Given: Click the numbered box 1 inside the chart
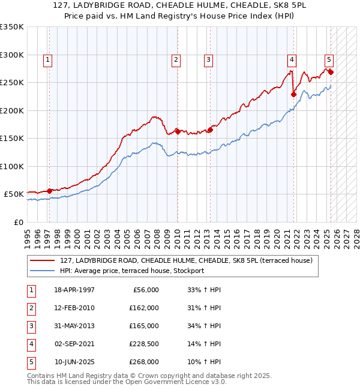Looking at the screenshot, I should pyautogui.click(x=47, y=59).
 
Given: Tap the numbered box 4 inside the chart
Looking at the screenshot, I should pyautogui.click(x=291, y=59).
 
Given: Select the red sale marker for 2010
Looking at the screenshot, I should pyautogui.click(x=178, y=131).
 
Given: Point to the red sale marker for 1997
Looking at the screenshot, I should pyautogui.click(x=50, y=191).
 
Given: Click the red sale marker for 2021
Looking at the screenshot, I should pyautogui.click(x=294, y=94).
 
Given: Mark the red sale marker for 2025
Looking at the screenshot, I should pyautogui.click(x=331, y=72).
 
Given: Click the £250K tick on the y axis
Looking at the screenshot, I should pyautogui.click(x=12, y=82).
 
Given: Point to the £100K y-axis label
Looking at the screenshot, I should pyautogui.click(x=12, y=166).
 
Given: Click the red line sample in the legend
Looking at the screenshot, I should pyautogui.click(x=41, y=261).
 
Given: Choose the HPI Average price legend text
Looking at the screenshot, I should pyautogui.click(x=132, y=271).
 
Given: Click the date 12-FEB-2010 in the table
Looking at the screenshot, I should pyautogui.click(x=74, y=308).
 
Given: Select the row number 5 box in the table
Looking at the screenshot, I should pyautogui.click(x=31, y=362).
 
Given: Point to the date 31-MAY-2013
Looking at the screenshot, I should pyautogui.click(x=74, y=326).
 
